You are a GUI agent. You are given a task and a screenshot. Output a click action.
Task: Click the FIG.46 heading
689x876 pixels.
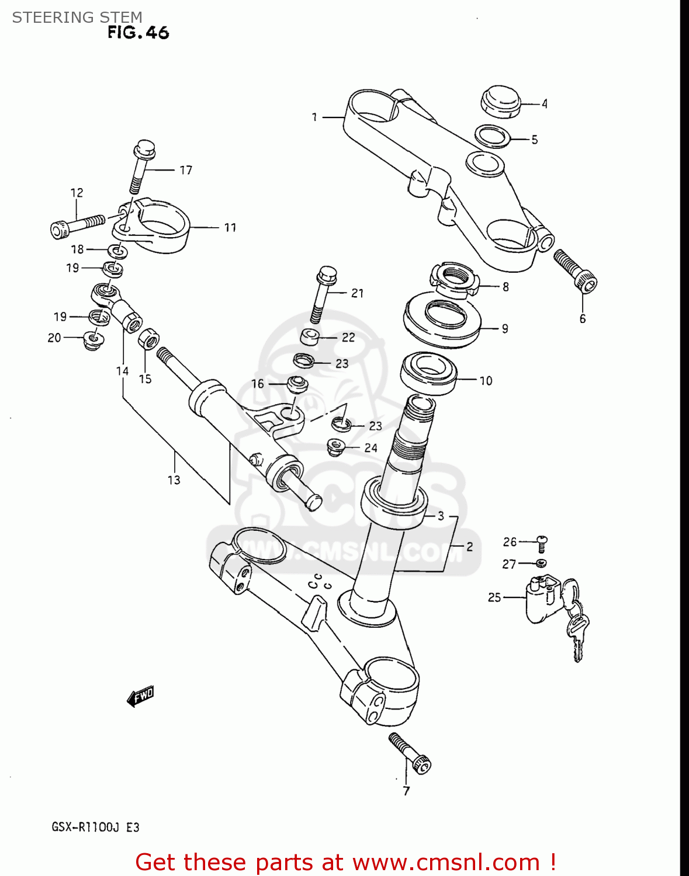coord(138,33)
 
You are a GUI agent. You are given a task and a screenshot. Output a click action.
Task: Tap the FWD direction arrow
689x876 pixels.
coord(140,696)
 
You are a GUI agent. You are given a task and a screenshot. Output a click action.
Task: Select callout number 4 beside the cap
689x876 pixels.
coord(544,104)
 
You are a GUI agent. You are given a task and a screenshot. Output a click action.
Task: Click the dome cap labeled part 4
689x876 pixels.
coord(500,101)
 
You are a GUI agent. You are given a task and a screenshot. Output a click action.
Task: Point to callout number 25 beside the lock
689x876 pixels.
coord(494,597)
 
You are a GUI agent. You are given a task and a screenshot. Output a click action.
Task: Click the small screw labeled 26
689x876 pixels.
coord(542,543)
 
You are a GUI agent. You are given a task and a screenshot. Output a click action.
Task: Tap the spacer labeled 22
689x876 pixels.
coord(310,338)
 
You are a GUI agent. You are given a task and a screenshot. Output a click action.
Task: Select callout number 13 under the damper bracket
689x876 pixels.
coord(174,480)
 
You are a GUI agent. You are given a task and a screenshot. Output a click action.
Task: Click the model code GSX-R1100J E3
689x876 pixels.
coord(95,827)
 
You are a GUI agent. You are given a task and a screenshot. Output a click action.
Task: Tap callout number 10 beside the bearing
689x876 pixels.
coord(486,381)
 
